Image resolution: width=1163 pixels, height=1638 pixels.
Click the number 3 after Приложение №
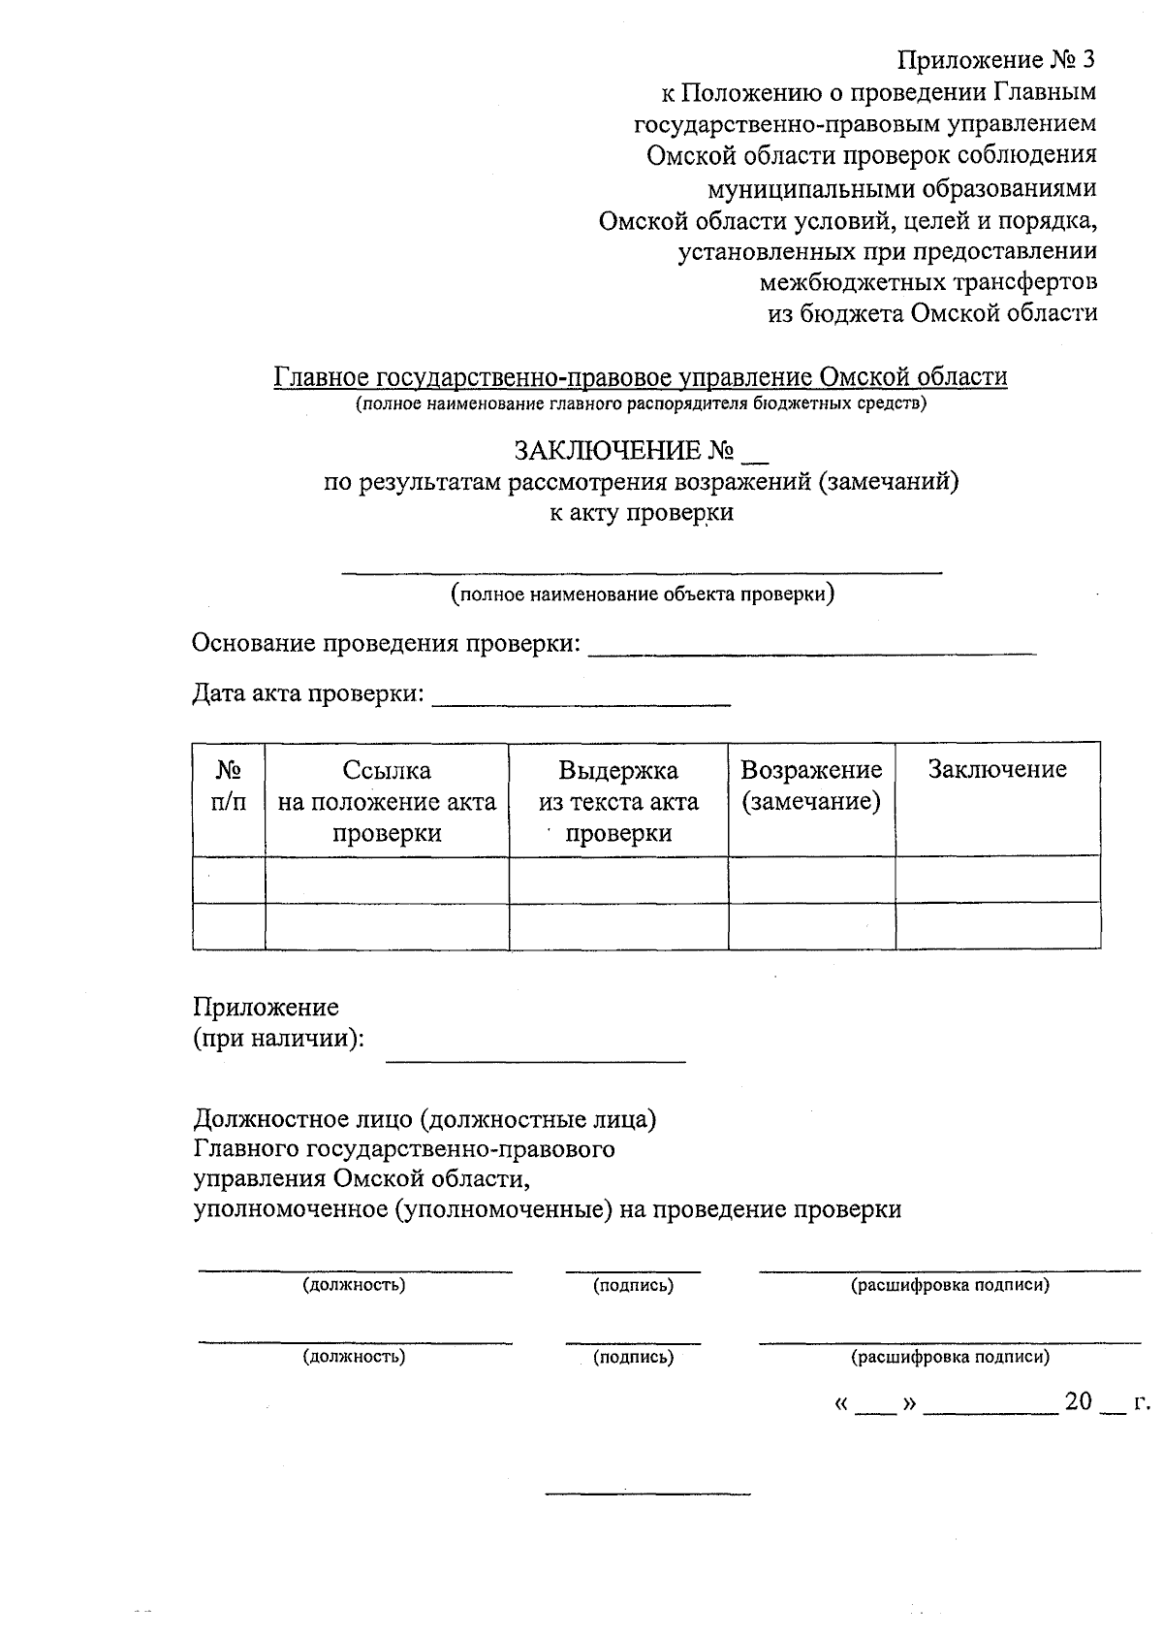pyautogui.click(x=1088, y=60)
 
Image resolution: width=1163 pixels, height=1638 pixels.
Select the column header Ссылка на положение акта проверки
pyautogui.click(x=387, y=801)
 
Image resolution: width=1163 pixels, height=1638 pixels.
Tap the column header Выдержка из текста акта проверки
pyautogui.click(x=618, y=801)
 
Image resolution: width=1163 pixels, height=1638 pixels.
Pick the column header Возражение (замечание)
pyautogui.click(x=811, y=786)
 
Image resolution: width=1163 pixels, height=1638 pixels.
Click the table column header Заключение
pyautogui.click(x=997, y=770)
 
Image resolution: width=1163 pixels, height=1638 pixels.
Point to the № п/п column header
pyautogui.click(x=229, y=786)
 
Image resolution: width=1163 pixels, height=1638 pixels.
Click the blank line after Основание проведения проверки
pyautogui.click(x=812, y=650)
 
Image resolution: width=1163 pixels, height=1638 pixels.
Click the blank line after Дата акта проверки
pyautogui.click(x=581, y=700)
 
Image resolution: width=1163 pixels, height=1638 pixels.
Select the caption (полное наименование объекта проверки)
pyautogui.click(x=643, y=594)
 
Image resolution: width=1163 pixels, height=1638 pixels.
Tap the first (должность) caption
pyautogui.click(x=354, y=1286)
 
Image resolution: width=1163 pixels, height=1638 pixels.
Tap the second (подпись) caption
pyautogui.click(x=633, y=1358)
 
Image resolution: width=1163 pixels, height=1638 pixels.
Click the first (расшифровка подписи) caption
pyautogui.click(x=950, y=1286)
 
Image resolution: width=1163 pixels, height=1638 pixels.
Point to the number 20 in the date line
pyautogui.click(x=1079, y=1402)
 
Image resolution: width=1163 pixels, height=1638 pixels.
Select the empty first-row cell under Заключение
pyautogui.click(x=997, y=880)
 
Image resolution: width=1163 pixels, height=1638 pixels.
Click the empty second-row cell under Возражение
pyautogui.click(x=811, y=926)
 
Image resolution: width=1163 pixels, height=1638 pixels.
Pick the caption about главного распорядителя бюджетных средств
pyautogui.click(x=641, y=404)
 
